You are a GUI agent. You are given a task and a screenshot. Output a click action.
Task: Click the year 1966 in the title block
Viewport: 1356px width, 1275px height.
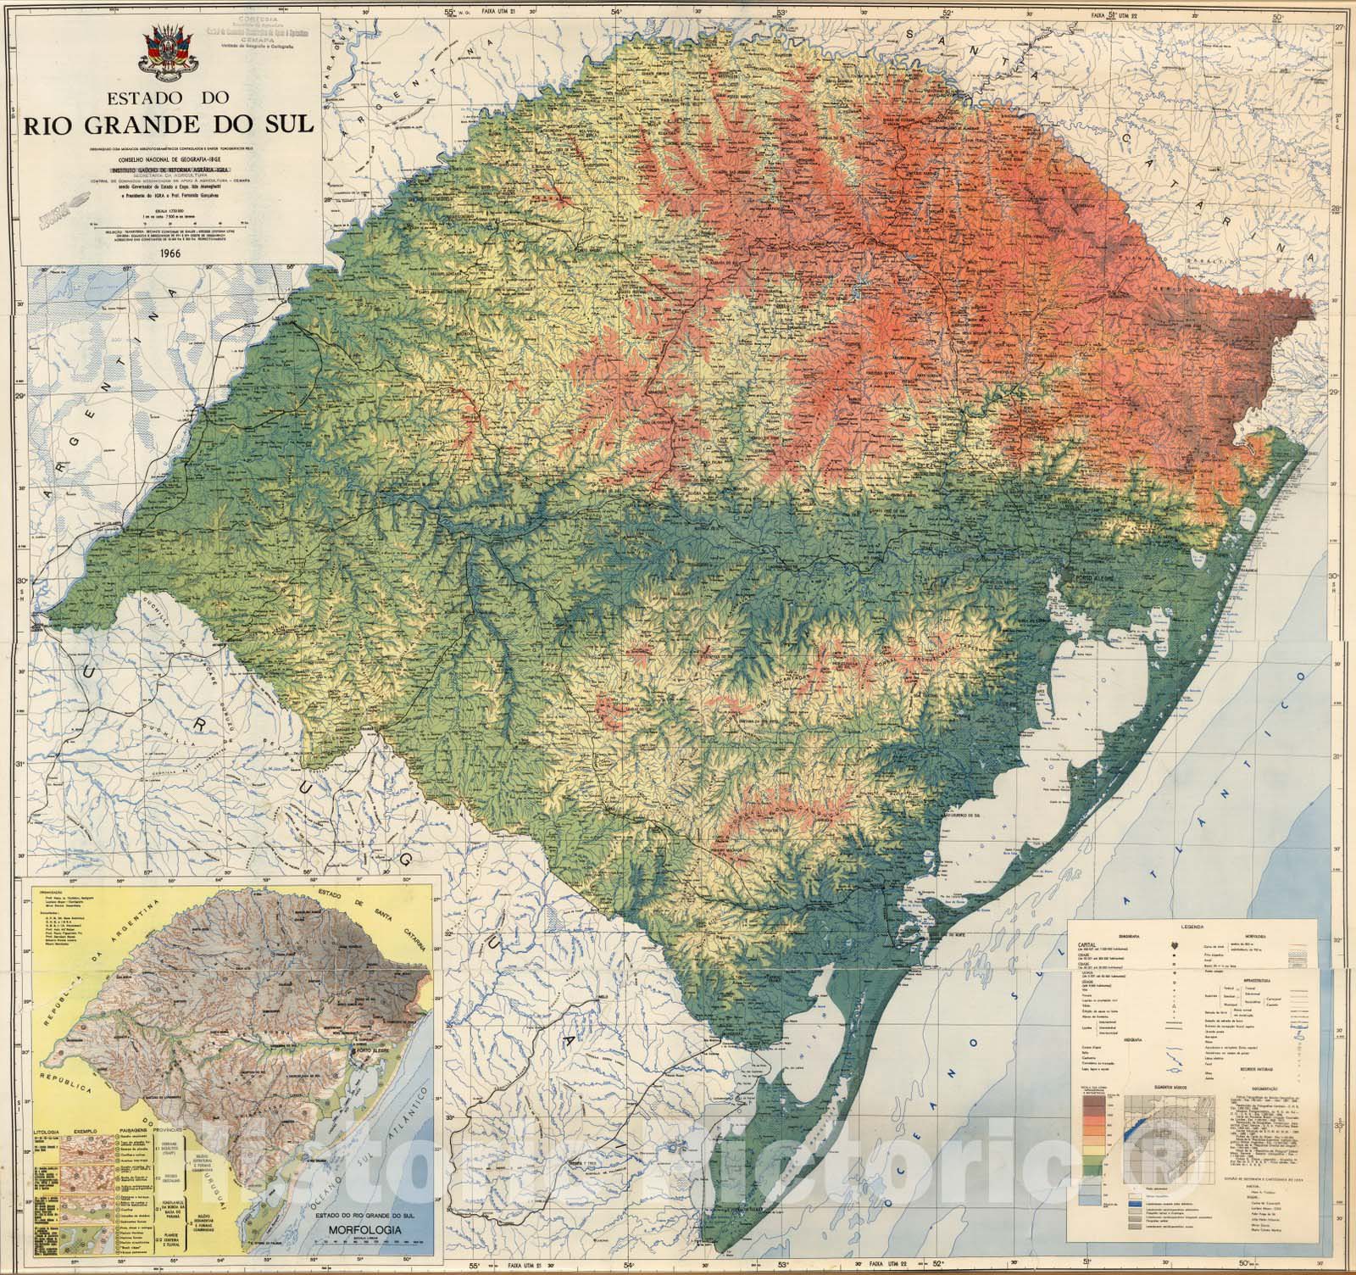click(170, 252)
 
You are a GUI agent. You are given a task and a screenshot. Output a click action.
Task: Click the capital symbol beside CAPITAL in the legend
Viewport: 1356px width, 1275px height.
click(1175, 944)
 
